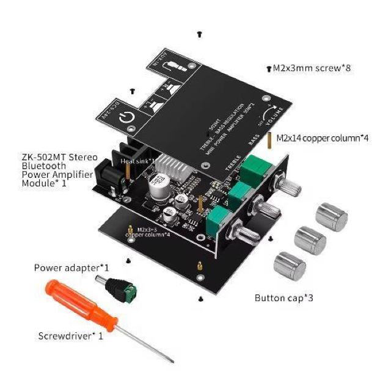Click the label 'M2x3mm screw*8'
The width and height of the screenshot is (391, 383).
click(312, 68)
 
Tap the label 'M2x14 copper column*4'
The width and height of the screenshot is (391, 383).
click(323, 138)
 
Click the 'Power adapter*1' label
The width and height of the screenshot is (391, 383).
click(71, 268)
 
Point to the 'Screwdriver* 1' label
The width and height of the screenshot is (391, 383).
click(70, 335)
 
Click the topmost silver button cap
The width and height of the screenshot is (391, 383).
click(331, 216)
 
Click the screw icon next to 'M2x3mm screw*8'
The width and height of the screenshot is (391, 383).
click(269, 69)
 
